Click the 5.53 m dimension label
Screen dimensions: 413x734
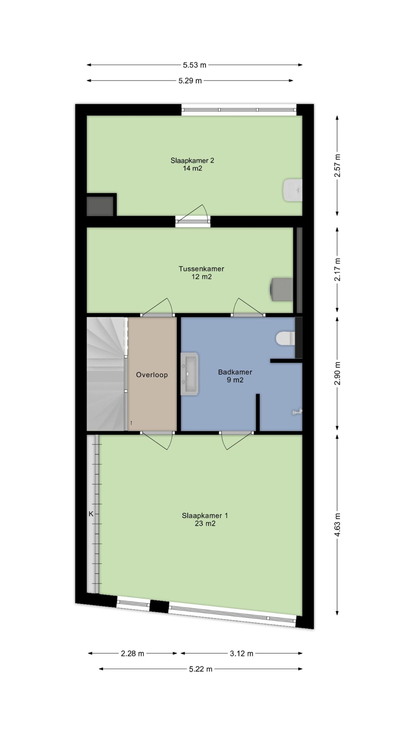point(195,65)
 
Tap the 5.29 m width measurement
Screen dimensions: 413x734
point(190,81)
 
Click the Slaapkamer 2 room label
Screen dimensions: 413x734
point(192,164)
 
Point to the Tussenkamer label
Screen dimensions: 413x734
point(201,273)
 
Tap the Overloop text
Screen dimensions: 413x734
point(152,375)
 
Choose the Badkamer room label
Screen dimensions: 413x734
point(235,376)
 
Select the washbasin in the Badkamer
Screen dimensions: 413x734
point(190,374)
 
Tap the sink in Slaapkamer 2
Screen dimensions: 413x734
point(293,190)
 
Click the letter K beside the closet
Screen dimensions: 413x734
point(91,514)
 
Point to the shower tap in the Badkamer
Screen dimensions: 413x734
point(297,412)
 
